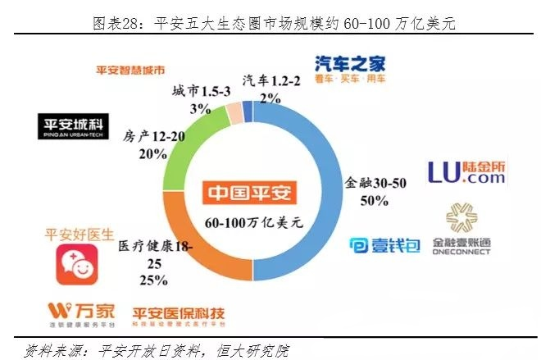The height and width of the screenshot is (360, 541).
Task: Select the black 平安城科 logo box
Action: coord(74,127)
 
